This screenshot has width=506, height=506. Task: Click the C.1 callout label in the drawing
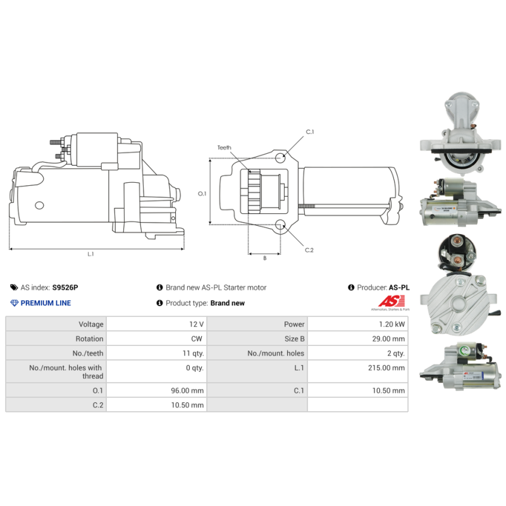pyautogui.click(x=310, y=132)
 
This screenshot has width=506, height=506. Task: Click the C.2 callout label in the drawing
pyautogui.click(x=309, y=250)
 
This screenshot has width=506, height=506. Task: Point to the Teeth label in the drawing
pyautogui.click(x=225, y=147)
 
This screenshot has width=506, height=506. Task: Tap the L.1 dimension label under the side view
pyautogui.click(x=91, y=254)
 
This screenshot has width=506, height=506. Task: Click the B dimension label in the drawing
pyautogui.click(x=264, y=258)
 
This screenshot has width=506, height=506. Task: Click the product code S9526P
pyautogui.click(x=65, y=287)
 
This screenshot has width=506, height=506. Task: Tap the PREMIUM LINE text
pyautogui.click(x=46, y=303)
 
